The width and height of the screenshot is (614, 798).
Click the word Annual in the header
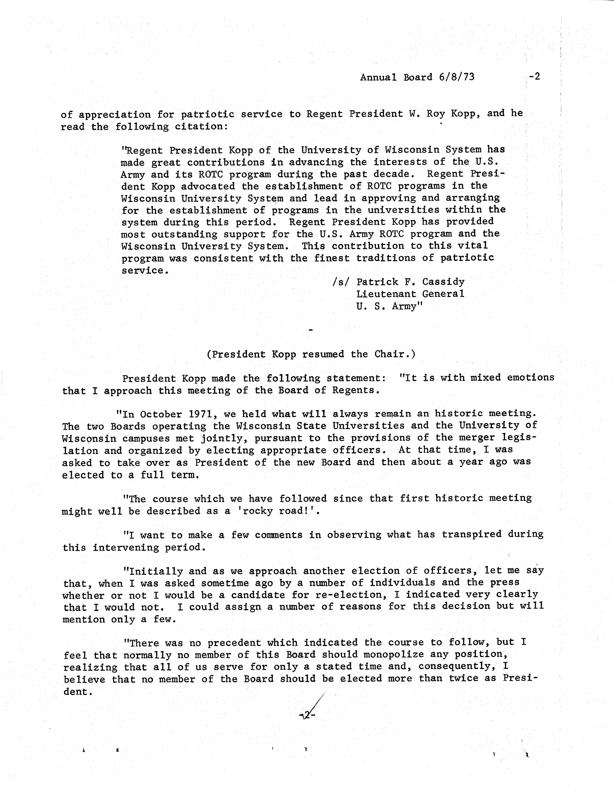click(x=378, y=77)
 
